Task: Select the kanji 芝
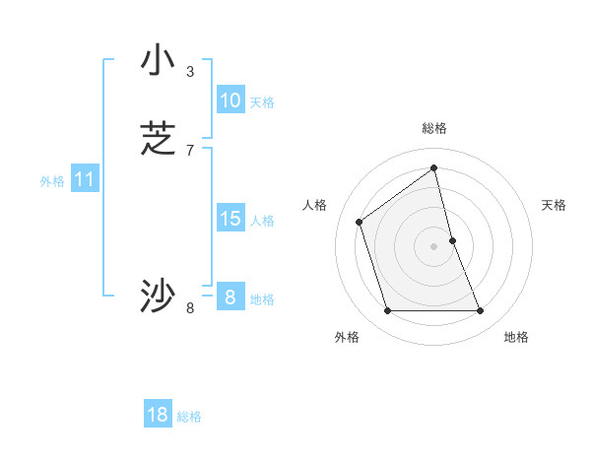[158, 139]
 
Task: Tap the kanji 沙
[158, 297]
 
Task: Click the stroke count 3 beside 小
[190, 71]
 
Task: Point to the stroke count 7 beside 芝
[190, 150]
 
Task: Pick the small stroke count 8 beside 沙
[190, 308]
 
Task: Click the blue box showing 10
[230, 100]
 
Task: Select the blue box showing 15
[230, 219]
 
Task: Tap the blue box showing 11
[85, 180]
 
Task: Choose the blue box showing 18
[158, 415]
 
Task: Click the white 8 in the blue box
[230, 298]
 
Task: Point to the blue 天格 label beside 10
[262, 102]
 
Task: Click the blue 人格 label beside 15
[262, 221]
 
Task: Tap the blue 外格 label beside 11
[52, 181]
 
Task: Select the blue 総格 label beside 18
[189, 417]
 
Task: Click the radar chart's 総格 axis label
[433, 128]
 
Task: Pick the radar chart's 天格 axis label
[554, 205]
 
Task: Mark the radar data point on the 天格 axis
[453, 239]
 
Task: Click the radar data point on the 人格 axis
[360, 222]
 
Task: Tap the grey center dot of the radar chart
[433, 246]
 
